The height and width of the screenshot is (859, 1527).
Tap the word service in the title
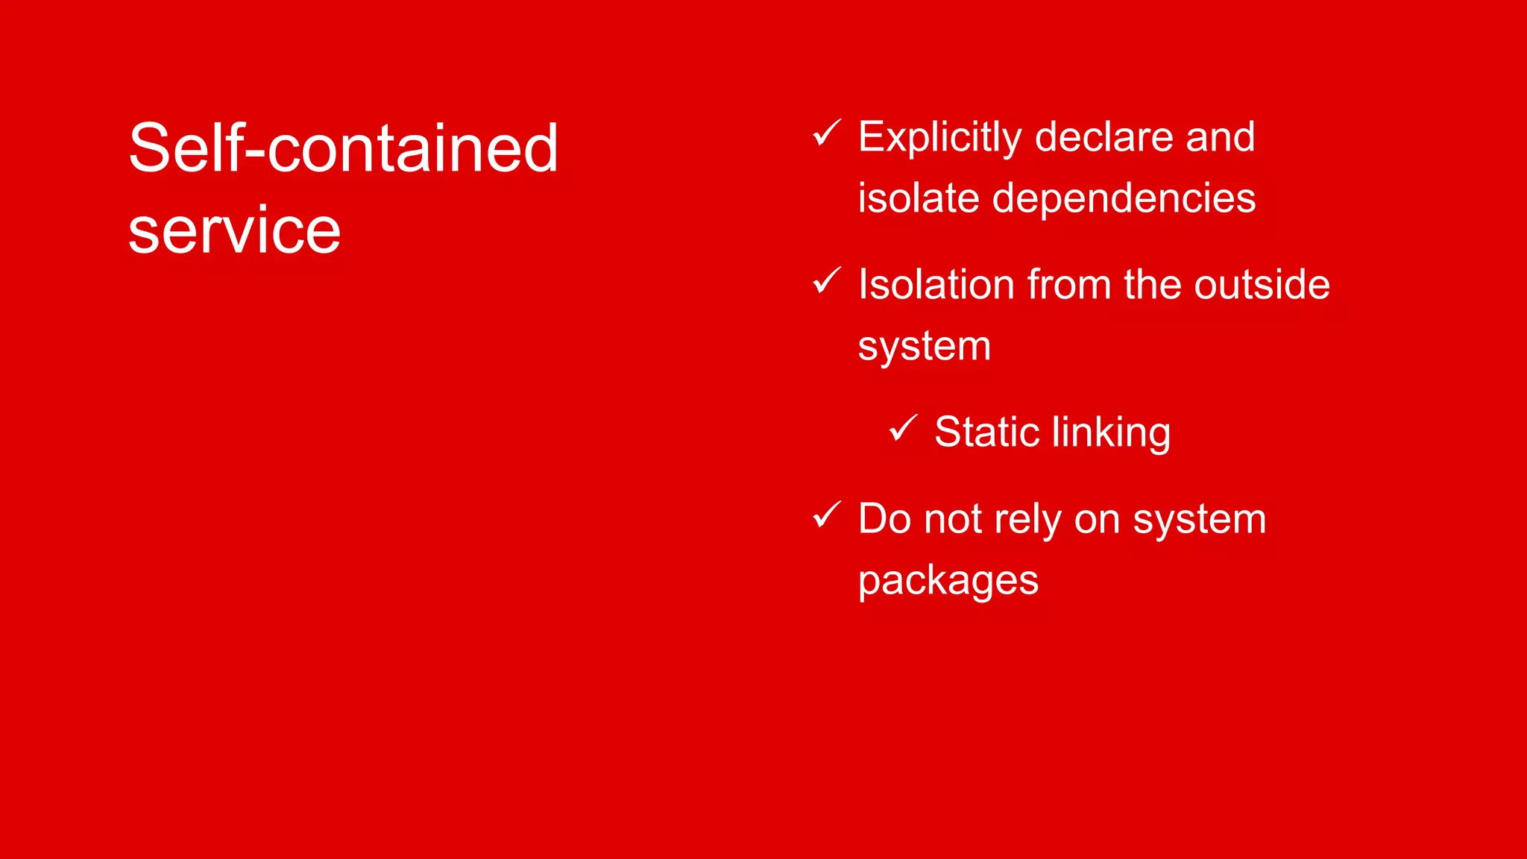coord(234,230)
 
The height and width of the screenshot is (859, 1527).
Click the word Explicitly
coord(939,138)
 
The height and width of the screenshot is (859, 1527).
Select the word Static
coord(987,432)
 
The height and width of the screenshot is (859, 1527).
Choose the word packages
coord(948,582)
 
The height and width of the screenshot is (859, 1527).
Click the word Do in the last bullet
coord(884,519)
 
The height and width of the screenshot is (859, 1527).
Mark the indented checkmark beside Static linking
coord(903,428)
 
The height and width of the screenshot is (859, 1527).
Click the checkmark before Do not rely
coord(826,515)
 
